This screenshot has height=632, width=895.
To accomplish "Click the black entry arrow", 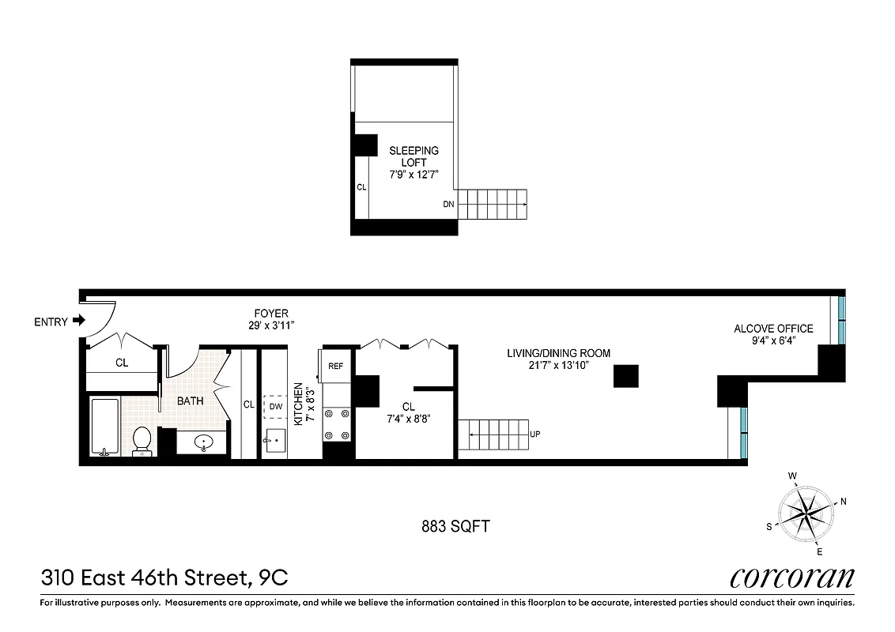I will (78, 321).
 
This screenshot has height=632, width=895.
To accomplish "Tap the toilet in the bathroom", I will (142, 441).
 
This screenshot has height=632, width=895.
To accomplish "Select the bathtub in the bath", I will (104, 427).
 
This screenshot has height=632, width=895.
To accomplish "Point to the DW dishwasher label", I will (275, 406).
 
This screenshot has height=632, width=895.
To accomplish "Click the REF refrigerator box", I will (336, 366).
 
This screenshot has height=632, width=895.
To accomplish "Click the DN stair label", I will (448, 204).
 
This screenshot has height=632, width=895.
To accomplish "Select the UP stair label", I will (535, 434).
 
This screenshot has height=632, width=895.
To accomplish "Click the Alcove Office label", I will (772, 329).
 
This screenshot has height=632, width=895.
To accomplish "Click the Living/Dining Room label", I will (558, 353).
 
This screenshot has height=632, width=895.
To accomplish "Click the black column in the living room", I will (626, 376).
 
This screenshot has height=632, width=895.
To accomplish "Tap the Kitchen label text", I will (298, 404).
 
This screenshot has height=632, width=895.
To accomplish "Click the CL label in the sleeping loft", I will (361, 188).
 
